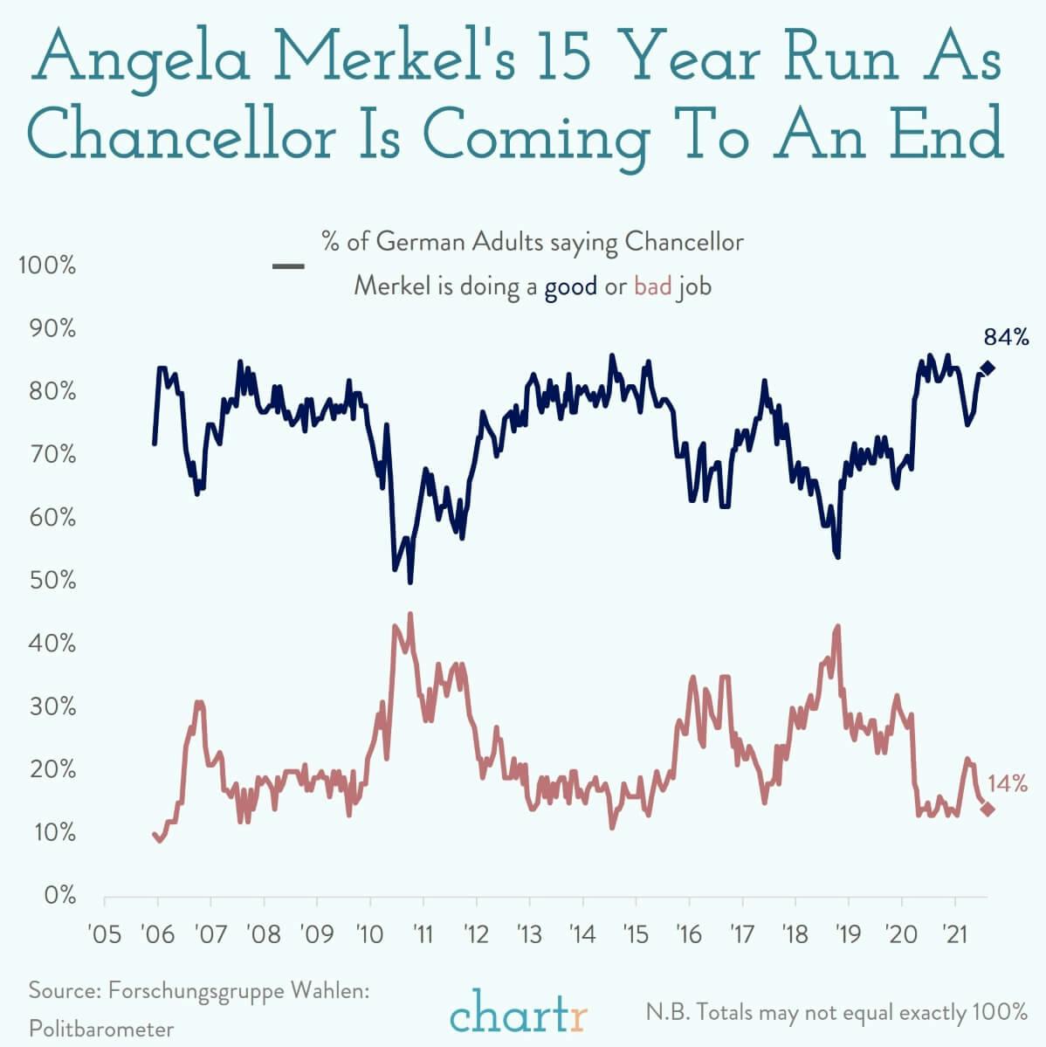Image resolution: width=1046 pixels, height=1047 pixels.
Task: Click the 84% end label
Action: pos(1007,337)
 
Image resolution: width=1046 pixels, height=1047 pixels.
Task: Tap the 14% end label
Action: pos(1007,783)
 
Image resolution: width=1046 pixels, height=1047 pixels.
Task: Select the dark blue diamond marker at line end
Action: pos(988,368)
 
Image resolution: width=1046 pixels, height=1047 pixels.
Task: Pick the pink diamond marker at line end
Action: pos(988,809)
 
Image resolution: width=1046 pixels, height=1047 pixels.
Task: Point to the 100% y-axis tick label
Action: pos(47,265)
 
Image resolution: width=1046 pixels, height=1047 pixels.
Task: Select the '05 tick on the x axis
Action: pos(105,935)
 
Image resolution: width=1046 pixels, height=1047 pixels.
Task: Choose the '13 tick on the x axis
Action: pos(529,935)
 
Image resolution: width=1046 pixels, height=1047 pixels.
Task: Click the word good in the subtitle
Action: pos(571,286)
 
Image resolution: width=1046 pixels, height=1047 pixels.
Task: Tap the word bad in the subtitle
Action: pos(652,286)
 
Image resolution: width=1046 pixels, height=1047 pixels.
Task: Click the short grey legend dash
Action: pos(288,266)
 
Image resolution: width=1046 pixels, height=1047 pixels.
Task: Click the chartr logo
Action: pos(520,1015)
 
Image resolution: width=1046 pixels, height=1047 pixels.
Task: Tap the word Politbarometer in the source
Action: pos(101,1029)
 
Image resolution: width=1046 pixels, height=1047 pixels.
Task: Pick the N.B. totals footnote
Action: pos(836,1013)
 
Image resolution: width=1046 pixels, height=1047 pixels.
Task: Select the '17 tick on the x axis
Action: pos(741,935)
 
